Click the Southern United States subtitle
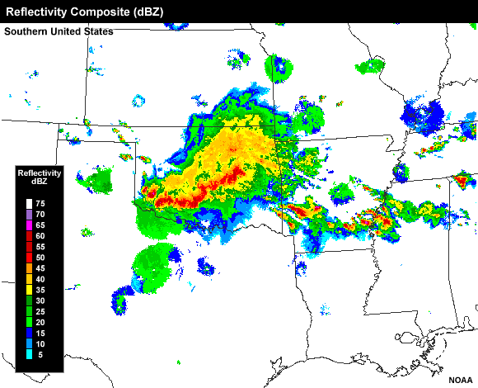click(x=59, y=31)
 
